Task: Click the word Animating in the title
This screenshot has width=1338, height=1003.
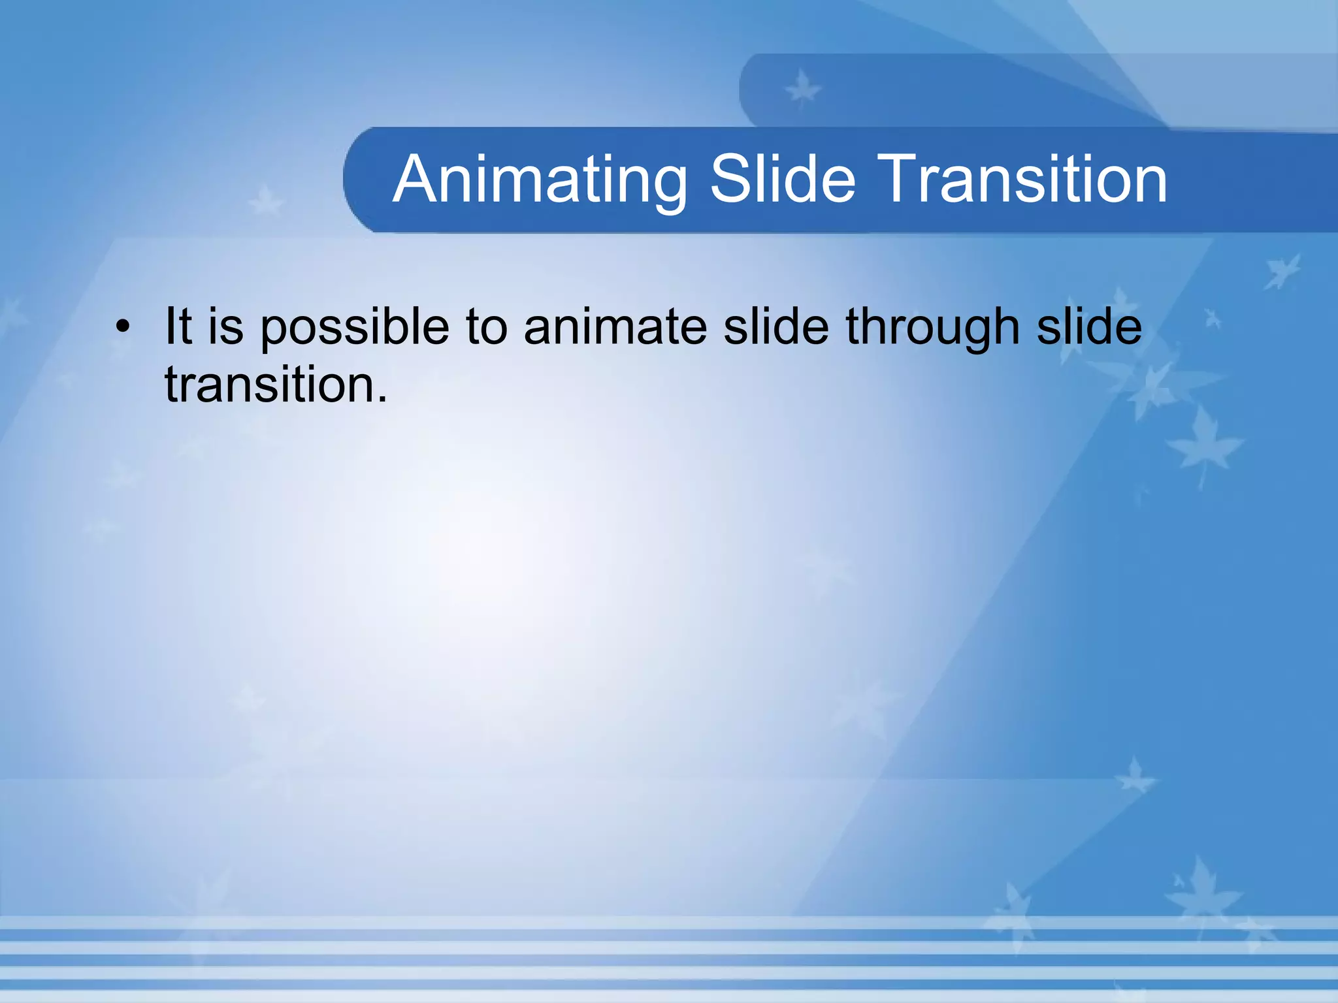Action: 540,180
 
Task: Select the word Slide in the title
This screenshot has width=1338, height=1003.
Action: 783,179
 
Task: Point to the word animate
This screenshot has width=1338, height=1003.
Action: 615,326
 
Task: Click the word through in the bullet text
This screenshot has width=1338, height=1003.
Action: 933,326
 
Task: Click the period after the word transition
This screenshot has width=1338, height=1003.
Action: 382,400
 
